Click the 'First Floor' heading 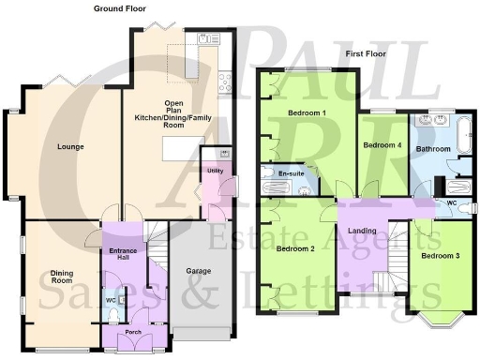tap(368, 53)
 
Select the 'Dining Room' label tap(62, 277)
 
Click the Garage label tap(197, 271)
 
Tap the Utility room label tap(215, 170)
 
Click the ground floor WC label tap(110, 300)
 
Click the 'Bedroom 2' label tap(296, 248)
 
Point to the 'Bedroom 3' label tap(439, 255)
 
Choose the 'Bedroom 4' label tap(382, 145)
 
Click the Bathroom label tap(434, 148)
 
